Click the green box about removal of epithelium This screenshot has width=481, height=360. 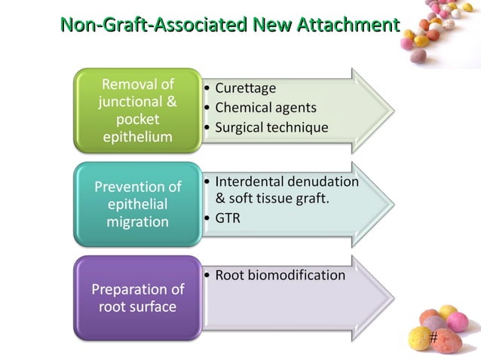point(137,111)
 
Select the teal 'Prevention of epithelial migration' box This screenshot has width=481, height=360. point(137,204)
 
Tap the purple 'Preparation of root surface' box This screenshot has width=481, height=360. point(137,297)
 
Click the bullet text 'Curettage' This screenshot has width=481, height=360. point(246,89)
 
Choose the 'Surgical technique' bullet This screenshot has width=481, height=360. point(271,127)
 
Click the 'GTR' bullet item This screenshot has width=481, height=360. point(228,219)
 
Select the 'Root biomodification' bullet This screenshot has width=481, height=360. point(280,275)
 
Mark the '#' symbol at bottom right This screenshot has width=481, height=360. point(433,337)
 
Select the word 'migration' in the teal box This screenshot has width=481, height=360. point(137,221)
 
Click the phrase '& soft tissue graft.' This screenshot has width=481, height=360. point(273,200)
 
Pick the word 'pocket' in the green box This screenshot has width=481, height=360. point(137,120)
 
